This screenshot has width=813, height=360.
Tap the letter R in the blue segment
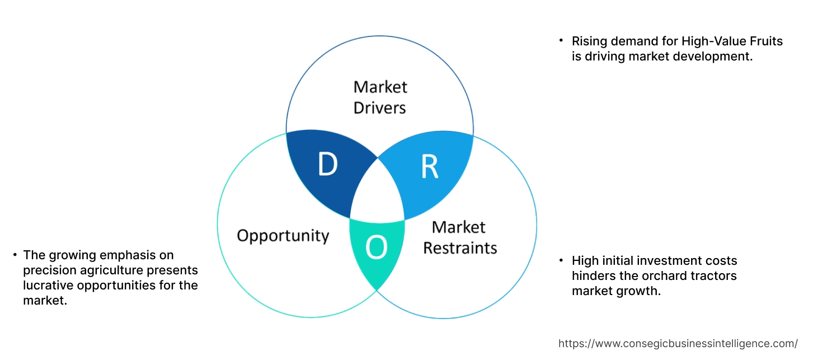429,167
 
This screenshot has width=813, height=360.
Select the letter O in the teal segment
376,247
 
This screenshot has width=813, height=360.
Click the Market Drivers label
380,97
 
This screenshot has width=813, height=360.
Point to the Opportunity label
283,235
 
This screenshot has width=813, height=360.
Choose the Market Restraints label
459,237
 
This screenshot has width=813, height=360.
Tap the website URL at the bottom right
678,343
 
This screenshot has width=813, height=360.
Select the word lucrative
48,286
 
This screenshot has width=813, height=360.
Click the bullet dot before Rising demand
561,41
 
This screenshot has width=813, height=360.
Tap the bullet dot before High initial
561,261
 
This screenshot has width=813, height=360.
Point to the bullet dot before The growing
15,255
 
